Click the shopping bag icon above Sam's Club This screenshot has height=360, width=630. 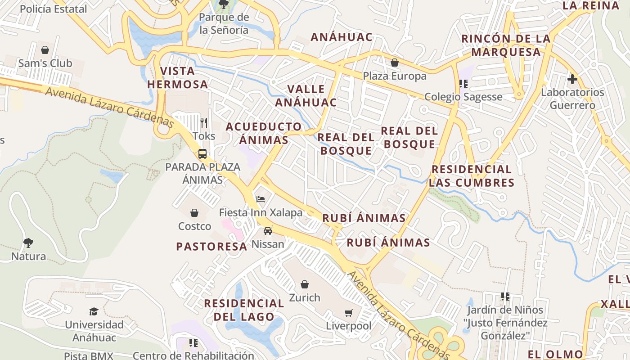tap(45, 50)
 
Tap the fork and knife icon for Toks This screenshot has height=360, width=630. tap(204, 122)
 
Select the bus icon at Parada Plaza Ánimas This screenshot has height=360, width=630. tap(202, 154)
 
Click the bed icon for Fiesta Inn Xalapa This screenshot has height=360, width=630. tap(261, 199)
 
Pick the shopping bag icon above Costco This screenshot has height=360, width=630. tap(194, 212)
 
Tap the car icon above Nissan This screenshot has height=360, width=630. tap(268, 231)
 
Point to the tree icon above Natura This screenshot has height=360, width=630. tap(28, 243)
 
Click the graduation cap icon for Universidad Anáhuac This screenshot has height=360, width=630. tap(94, 311)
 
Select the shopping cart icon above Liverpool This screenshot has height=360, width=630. tap(349, 312)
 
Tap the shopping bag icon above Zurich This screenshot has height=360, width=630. tap(305, 284)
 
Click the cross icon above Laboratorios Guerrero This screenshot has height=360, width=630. tap(572, 79)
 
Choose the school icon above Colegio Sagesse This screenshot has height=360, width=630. tap(463, 83)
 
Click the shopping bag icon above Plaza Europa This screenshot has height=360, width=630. tap(395, 63)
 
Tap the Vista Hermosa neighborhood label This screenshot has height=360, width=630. tap(177, 77)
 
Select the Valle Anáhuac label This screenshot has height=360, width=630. tap(306, 95)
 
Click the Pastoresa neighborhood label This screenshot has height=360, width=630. tap(211, 247)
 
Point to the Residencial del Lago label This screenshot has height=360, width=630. tap(244, 310)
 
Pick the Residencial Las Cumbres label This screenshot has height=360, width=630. tap(471, 176)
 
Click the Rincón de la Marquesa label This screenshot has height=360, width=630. tap(506, 45)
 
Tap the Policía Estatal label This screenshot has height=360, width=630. tap(54, 9)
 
